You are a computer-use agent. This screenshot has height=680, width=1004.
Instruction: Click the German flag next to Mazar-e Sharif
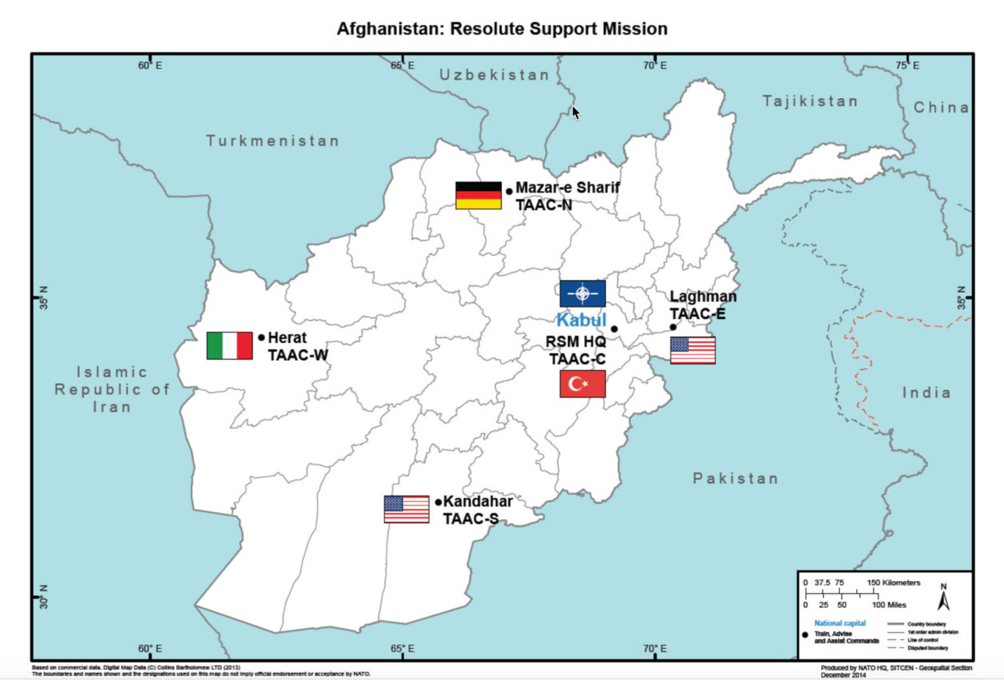(x=478, y=195)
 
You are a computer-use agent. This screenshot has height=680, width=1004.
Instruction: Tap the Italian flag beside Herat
(x=229, y=346)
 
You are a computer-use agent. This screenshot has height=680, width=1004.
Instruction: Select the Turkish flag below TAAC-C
(x=582, y=384)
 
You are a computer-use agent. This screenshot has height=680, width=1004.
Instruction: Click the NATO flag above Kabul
(x=582, y=294)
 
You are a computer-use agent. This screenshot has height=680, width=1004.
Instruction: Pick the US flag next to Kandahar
(x=407, y=509)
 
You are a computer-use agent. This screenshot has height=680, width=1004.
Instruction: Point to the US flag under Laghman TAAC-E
(x=693, y=350)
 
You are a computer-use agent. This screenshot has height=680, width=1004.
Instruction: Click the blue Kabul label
(x=581, y=320)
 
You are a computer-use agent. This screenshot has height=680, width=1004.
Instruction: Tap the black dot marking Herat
(x=261, y=337)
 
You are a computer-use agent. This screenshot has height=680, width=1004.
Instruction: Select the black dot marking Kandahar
(x=439, y=502)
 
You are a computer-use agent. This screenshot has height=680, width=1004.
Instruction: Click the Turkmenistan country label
(x=273, y=141)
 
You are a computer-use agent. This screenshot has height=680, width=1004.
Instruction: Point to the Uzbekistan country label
(x=494, y=75)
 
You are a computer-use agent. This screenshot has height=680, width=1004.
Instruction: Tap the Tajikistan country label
(x=810, y=101)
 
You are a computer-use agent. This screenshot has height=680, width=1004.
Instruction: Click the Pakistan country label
(x=735, y=479)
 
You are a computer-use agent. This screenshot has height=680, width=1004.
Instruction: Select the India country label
(x=926, y=392)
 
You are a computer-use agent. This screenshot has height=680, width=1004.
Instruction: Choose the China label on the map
(x=941, y=107)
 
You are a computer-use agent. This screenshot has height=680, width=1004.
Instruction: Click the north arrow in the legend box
(x=943, y=597)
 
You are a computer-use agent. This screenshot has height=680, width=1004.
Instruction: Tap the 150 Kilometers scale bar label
(x=894, y=583)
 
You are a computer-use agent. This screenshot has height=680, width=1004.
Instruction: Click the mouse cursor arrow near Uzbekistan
(x=575, y=112)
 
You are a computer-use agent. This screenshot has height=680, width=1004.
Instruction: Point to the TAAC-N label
(x=544, y=205)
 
